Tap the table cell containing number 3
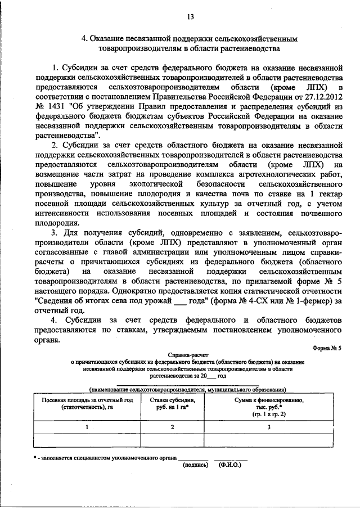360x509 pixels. [269, 427]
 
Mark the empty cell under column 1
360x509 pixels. [88, 439]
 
